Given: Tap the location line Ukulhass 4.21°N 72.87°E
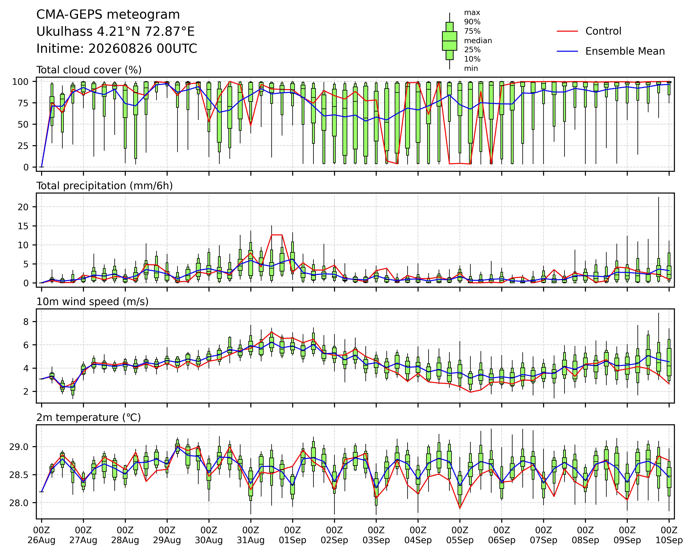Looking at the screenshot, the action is point(116,32).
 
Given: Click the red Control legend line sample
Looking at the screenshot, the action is point(567,31).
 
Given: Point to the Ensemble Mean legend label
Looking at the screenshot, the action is point(625,51).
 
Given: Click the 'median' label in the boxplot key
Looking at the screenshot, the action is point(478,41).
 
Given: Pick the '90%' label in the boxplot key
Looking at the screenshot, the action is point(472,22).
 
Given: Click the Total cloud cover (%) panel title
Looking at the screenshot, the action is point(89,70).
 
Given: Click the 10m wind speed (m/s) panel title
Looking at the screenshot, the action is point(92,302).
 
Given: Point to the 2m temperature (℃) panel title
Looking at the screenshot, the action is point(89,417).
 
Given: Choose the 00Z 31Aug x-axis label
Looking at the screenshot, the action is point(251,535).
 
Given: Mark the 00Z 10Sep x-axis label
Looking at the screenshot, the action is point(669,535).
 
